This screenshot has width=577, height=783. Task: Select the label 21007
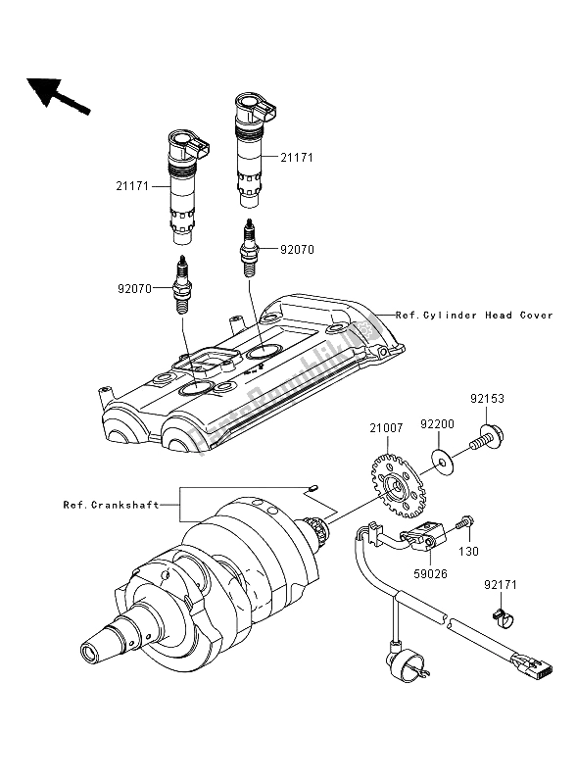(385, 429)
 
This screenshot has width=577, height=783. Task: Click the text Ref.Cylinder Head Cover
(474, 316)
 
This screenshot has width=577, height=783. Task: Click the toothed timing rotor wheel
(394, 487)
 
